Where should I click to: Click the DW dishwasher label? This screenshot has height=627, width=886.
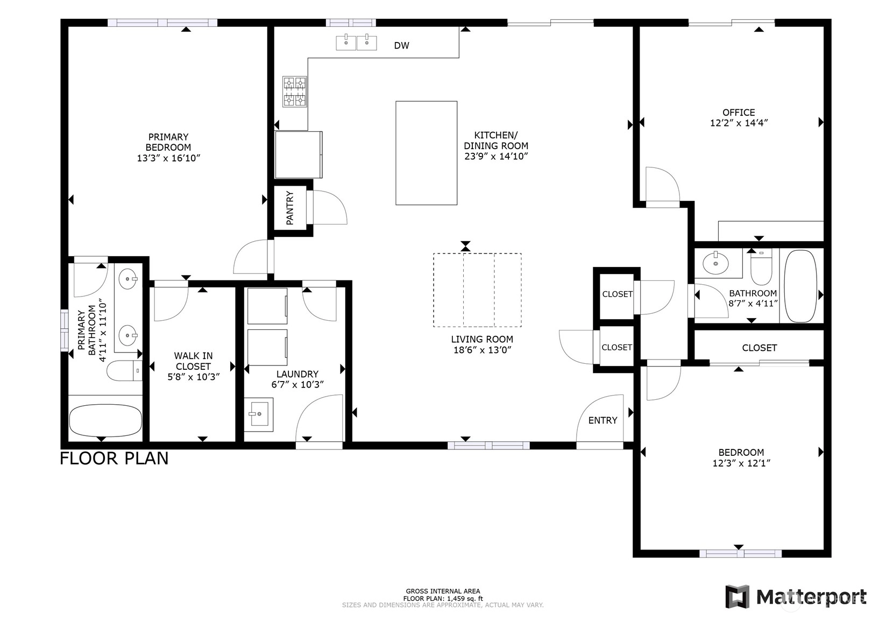tap(401, 46)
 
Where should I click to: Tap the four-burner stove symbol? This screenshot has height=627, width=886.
tap(295, 91)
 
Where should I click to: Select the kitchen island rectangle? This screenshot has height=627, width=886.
tap(427, 153)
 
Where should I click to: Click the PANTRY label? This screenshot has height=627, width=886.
tap(290, 208)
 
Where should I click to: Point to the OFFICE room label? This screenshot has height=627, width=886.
tap(739, 112)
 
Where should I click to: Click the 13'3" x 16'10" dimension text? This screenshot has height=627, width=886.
tap(168, 158)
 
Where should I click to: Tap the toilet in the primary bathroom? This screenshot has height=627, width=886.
tap(125, 370)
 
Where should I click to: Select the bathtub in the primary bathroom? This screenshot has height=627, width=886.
tap(105, 420)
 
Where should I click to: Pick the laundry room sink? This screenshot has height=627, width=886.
tap(259, 414)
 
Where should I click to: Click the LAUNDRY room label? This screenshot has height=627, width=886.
tap(297, 374)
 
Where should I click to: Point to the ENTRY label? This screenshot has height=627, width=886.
tap(603, 420)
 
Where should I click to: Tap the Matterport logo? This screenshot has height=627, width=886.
tap(796, 596)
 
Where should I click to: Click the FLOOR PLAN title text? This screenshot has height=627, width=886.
tap(114, 459)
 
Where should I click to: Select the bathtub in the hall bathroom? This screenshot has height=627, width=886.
tap(800, 286)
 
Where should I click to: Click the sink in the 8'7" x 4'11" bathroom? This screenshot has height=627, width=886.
tap(715, 263)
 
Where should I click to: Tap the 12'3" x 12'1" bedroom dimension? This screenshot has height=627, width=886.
tap(742, 463)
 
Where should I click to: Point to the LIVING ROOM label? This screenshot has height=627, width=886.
tap(482, 339)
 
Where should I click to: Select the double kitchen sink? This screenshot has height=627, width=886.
tap(356, 43)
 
